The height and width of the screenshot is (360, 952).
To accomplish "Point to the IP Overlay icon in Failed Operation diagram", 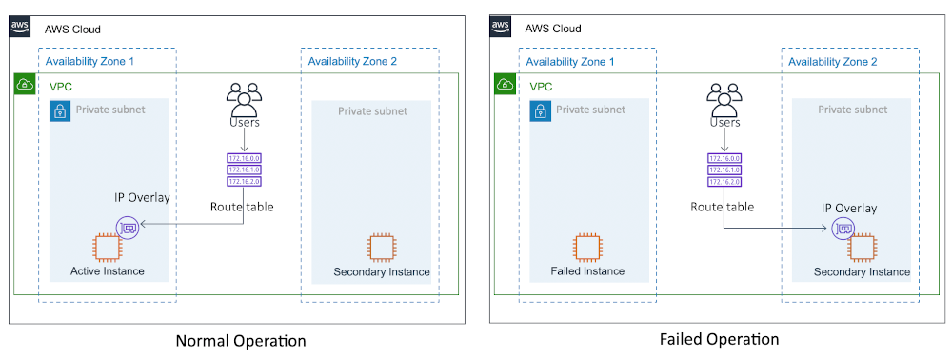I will point(842,229).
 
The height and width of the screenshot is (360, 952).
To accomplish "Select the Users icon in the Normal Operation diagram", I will point(245,98).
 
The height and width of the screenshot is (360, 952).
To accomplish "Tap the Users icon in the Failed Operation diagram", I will point(725,98).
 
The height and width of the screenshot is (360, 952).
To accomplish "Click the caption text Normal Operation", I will point(241,341).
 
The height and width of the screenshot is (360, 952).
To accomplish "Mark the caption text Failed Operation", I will point(719,339).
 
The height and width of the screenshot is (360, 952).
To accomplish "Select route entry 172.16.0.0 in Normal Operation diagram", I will point(245,158).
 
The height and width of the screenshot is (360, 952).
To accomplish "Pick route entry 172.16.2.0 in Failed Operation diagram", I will point(725,180).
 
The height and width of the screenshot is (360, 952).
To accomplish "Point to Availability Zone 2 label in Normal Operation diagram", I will point(352,62).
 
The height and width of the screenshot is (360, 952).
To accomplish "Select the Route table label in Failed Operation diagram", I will point(723,207).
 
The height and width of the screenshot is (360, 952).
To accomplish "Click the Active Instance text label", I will point(108,271).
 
